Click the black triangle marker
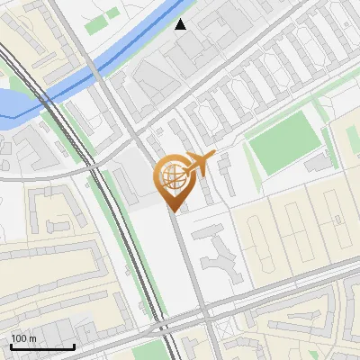181,24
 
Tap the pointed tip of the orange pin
172,210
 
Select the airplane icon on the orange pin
199,164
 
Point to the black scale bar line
41,346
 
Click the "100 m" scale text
23,338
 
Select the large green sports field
283,143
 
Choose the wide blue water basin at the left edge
11,104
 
